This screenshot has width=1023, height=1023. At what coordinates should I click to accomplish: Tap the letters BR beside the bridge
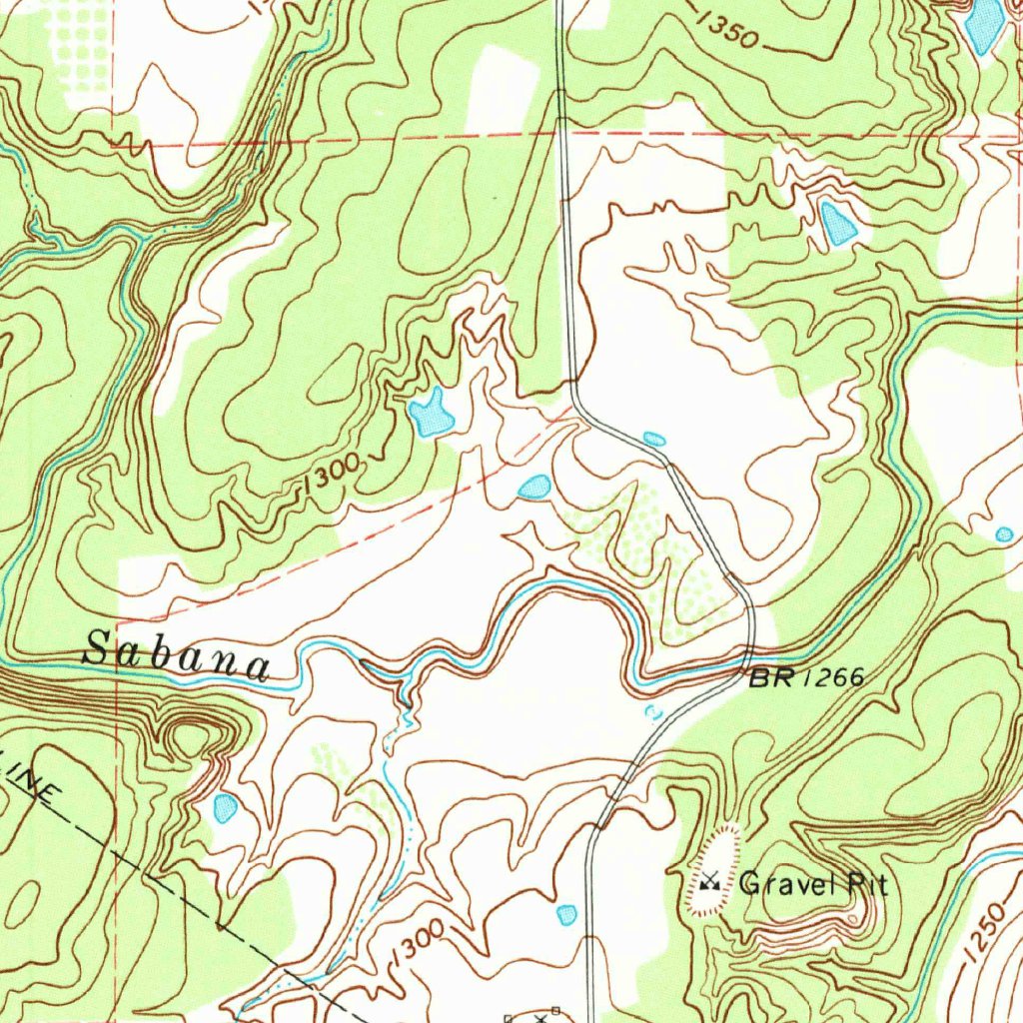770,679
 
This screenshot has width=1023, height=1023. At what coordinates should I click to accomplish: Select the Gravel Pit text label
813,883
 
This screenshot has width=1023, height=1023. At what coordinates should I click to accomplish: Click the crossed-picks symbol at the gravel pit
710,881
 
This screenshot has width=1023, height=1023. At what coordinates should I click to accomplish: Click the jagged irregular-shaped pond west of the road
431,415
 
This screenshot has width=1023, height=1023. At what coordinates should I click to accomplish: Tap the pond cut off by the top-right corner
984,22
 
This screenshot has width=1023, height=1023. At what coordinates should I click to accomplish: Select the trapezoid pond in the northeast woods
837,223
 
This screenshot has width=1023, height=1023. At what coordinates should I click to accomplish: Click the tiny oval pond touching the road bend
654,439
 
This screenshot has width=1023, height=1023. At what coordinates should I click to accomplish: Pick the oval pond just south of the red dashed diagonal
534,487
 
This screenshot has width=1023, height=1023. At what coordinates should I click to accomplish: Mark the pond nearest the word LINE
225,807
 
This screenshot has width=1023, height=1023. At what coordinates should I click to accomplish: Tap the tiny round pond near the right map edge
1004,534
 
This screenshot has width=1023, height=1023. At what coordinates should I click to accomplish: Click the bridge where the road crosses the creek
748,661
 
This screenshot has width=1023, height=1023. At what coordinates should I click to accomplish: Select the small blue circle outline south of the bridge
654,712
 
